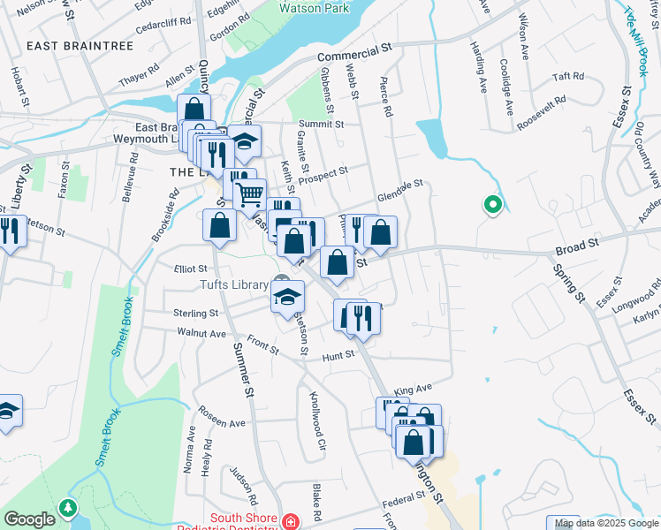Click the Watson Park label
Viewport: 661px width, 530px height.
pyautogui.click(x=313, y=9)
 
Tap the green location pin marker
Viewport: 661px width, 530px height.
pyautogui.click(x=492, y=207)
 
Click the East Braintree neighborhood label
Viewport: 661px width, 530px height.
pyautogui.click(x=68, y=46)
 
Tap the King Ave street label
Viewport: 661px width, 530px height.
pyautogui.click(x=413, y=389)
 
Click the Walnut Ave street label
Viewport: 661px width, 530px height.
pyautogui.click(x=201, y=333)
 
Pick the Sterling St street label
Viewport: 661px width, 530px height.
pyautogui.click(x=195, y=314)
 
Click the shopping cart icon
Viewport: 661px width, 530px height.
pyautogui.click(x=250, y=193)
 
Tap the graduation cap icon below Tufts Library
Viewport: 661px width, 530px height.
pyautogui.click(x=287, y=298)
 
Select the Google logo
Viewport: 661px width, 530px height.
pyautogui.click(x=29, y=519)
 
